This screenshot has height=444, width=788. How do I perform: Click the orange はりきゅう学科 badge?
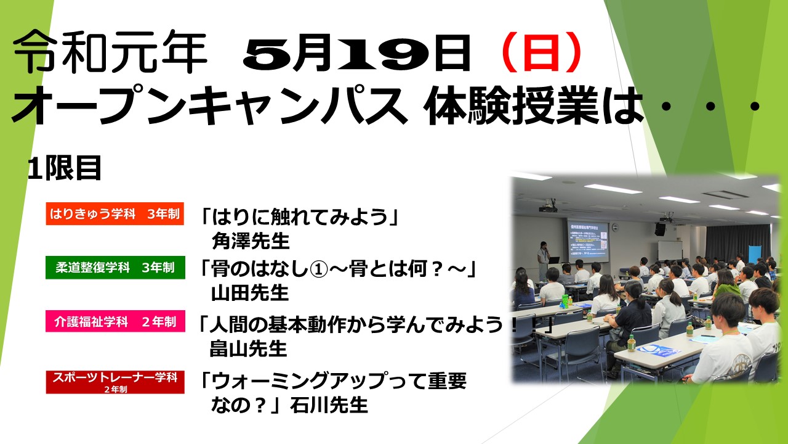[x=115, y=213]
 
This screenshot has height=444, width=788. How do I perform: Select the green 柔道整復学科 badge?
[x=115, y=268]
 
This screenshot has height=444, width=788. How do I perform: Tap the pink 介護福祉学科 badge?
[x=115, y=321]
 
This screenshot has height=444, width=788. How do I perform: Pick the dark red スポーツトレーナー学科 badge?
[x=115, y=382]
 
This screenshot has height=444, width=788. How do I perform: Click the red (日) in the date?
[x=542, y=52]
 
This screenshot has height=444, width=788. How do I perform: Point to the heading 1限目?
[x=65, y=168]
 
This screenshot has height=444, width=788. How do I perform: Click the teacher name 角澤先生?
[x=251, y=241]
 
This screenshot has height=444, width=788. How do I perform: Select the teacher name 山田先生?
[x=250, y=293]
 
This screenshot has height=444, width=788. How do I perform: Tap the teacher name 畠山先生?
[x=248, y=348]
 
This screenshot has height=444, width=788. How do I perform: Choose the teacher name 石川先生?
[x=329, y=405]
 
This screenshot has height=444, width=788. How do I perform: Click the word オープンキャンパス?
[x=209, y=105]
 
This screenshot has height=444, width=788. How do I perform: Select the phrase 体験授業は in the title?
[x=534, y=105]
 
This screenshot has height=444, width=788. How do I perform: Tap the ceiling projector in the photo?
[x=548, y=207]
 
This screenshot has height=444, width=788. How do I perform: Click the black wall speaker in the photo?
[x=659, y=229]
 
